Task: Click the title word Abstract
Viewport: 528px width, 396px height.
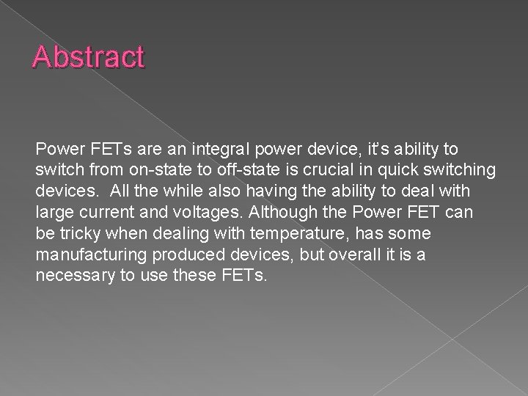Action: coord(88,56)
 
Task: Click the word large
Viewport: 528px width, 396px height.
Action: coord(54,213)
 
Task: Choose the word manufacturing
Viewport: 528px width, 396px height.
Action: coord(92,254)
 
